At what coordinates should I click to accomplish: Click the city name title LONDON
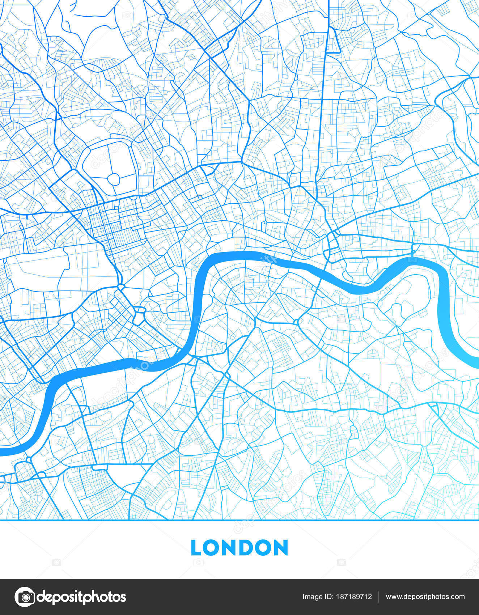click(x=239, y=548)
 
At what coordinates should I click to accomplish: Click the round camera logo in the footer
click(x=25, y=597)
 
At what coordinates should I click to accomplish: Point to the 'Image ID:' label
click(x=317, y=597)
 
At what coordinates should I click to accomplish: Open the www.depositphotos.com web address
click(x=425, y=597)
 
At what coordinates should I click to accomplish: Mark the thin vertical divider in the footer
click(x=378, y=597)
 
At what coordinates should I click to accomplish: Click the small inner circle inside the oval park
click(x=114, y=179)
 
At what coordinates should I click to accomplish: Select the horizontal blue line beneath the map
click(x=239, y=520)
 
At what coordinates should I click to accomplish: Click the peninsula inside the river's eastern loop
click(x=409, y=307)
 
